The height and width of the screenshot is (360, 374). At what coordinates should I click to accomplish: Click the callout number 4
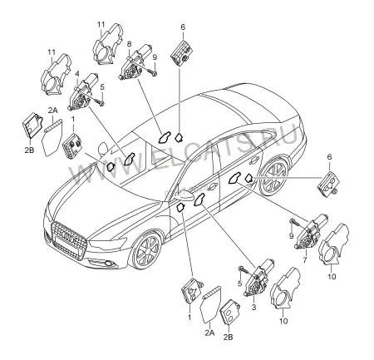(x=77, y=74)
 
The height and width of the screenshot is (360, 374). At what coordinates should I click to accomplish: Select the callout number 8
(x=129, y=43)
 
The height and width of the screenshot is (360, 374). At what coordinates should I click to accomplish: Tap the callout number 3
(x=253, y=307)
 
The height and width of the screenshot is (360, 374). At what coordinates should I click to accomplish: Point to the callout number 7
(x=305, y=260)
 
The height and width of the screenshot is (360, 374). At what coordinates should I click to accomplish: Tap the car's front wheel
(x=146, y=251)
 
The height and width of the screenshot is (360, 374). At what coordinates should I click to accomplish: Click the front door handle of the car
(x=213, y=187)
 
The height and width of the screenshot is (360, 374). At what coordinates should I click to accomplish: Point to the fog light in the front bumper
(x=108, y=263)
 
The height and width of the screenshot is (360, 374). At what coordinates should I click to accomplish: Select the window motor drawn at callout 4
(x=82, y=91)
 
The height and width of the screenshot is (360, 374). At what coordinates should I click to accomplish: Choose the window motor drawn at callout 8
(x=135, y=62)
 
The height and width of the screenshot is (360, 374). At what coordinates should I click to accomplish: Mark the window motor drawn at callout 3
(x=258, y=279)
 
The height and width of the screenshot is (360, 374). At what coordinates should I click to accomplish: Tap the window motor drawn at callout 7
(x=311, y=231)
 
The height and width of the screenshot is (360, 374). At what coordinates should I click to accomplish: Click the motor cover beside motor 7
(x=333, y=244)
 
